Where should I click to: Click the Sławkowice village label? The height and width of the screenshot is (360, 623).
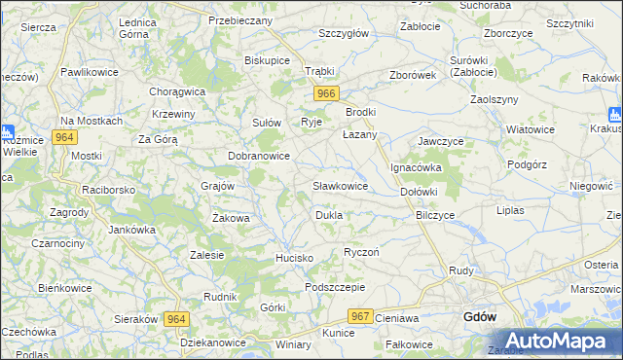click(x=340, y=185)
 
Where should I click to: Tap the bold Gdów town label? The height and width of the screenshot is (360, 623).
click(x=482, y=317)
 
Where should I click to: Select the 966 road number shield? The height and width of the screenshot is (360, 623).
click(x=327, y=93)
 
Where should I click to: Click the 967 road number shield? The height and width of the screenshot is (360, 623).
click(x=361, y=316)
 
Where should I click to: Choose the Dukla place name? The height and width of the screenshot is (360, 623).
click(x=329, y=214)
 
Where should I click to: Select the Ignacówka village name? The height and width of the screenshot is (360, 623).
click(x=417, y=167)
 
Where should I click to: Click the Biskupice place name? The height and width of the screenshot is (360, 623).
click(x=268, y=59)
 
